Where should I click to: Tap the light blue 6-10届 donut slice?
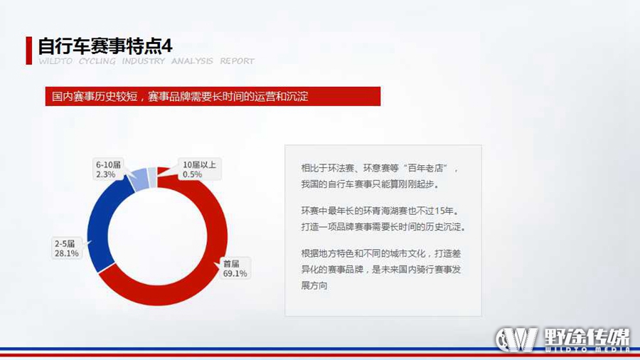(x=140, y=179)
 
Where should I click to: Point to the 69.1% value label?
(x=235, y=273)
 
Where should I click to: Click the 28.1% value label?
(x=67, y=253)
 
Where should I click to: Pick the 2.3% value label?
(x=106, y=174)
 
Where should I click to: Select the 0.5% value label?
(x=192, y=174)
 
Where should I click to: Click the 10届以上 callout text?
(x=199, y=164)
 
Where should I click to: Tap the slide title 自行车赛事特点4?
(x=105, y=46)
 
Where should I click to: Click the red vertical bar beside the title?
(x=29, y=51)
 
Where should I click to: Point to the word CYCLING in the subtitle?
(x=97, y=60)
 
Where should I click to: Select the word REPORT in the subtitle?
(x=237, y=60)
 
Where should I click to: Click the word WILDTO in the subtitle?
(x=55, y=60)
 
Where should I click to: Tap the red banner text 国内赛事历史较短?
(x=95, y=97)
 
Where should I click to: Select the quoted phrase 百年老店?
(x=425, y=168)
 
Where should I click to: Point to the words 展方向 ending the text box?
(x=314, y=286)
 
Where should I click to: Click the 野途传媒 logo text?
(x=587, y=337)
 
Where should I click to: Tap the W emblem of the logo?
(x=516, y=339)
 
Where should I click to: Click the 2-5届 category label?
(x=65, y=243)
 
